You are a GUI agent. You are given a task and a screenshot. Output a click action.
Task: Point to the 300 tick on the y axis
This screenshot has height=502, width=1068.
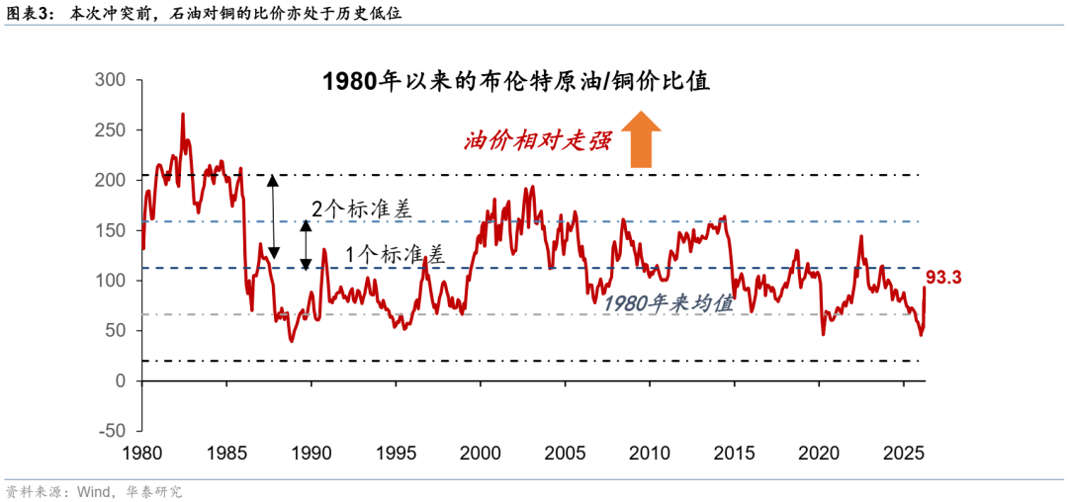[110, 80]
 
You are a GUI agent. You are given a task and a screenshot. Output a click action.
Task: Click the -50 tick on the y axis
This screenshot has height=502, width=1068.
[112, 431]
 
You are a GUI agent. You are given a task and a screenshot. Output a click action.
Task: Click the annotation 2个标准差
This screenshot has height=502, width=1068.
[354, 209]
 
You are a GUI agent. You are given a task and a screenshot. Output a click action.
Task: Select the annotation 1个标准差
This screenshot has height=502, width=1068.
[395, 253]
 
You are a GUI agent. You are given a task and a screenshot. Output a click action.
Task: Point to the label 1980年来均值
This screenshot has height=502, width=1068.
[668, 304]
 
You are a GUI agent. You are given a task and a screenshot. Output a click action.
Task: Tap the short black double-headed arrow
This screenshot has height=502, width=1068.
[306, 244]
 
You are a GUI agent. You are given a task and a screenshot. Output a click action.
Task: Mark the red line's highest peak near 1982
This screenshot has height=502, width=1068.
[182, 115]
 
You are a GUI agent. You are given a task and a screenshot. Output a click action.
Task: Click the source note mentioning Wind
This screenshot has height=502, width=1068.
[94, 491]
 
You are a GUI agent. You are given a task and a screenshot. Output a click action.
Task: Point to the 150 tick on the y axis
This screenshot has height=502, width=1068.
[110, 230]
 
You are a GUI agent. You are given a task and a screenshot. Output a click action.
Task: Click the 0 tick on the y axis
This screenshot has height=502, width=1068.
[120, 380]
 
